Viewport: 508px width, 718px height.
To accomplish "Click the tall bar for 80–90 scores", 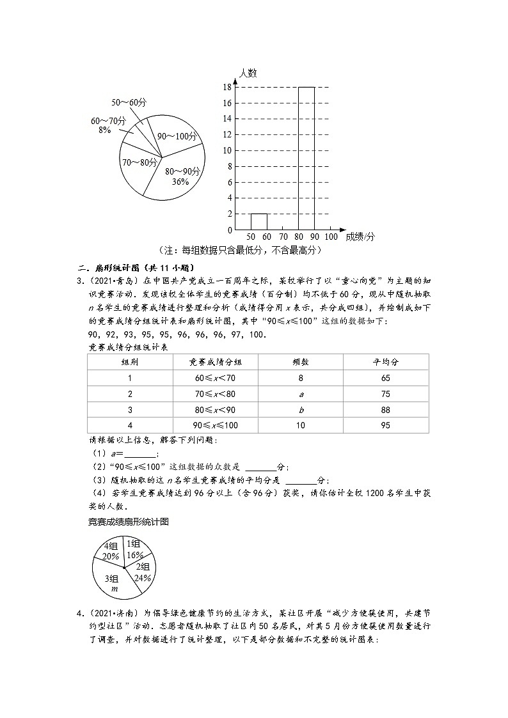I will (306, 158).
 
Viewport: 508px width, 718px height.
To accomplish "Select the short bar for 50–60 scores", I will (258, 221).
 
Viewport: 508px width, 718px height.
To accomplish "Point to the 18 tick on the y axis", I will (227, 87).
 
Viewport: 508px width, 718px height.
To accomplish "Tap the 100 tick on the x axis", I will (331, 236).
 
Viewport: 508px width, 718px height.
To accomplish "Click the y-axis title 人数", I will (248, 73).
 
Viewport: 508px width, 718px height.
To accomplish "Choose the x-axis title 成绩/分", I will (360, 236).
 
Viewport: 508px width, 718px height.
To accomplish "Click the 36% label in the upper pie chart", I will (180, 182).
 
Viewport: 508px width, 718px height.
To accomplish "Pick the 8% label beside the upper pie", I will (105, 130).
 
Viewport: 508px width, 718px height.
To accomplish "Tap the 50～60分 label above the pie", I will (129, 102).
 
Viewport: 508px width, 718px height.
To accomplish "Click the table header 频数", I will (300, 362).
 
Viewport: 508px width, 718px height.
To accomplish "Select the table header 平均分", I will (385, 362).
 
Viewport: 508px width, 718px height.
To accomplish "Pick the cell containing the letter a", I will (300, 394).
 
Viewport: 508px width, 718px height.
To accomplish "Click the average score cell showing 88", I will (385, 410).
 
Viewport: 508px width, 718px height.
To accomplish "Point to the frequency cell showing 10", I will (300, 426).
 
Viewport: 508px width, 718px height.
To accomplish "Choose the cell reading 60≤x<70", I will (216, 378).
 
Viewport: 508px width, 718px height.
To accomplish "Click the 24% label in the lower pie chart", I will (143, 578).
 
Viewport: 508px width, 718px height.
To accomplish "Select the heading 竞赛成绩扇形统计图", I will (128, 522).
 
